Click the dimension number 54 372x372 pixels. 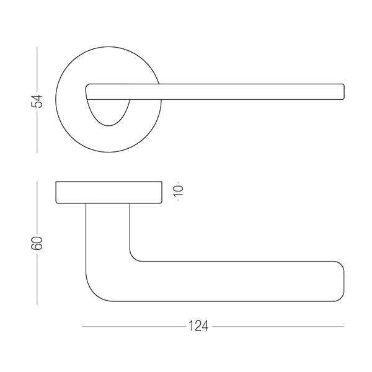click(x=37, y=101)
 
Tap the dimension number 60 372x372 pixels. click(x=37, y=243)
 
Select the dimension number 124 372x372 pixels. click(x=198, y=326)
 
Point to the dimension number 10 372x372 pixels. click(x=179, y=191)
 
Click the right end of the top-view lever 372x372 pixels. click(x=344, y=92)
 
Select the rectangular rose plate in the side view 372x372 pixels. click(x=109, y=192)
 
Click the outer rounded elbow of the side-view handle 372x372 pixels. click(x=93, y=293)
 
